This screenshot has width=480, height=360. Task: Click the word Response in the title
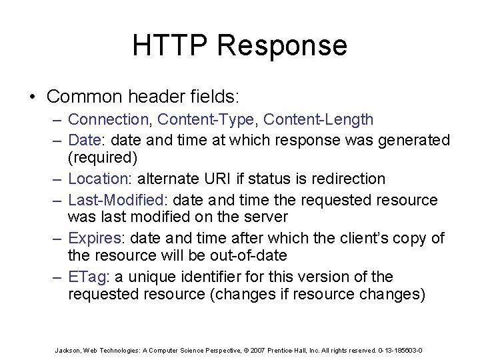281,45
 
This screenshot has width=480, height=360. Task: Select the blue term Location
97,179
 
